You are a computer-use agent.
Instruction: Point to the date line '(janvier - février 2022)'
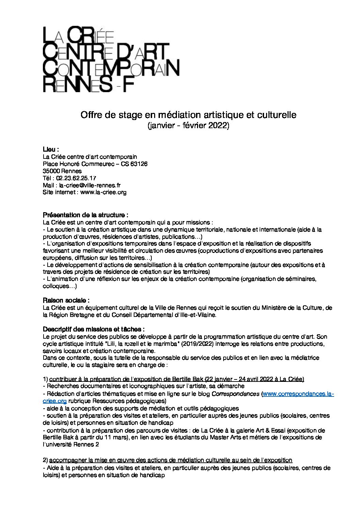tap(188, 126)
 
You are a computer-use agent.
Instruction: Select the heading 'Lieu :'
tap(51, 150)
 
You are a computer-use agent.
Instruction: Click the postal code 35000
tap(50, 171)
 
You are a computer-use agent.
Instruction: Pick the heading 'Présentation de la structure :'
tap(85, 215)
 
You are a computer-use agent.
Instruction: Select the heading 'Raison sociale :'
tap(66, 301)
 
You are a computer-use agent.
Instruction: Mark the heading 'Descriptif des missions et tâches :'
tap(94, 329)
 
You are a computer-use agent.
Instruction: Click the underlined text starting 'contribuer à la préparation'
tap(177, 379)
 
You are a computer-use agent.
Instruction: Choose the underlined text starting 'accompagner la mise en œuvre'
tap(170, 460)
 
